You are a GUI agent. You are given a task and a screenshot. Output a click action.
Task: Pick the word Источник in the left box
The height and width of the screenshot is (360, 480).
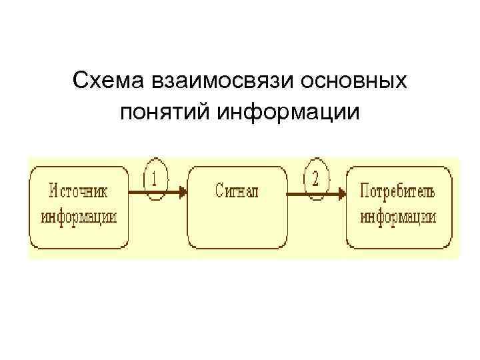point(79,192)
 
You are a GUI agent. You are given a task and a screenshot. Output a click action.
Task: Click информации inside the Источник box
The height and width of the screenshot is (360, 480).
point(79,217)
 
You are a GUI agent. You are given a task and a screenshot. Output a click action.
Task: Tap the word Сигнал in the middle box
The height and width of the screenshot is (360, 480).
point(236,192)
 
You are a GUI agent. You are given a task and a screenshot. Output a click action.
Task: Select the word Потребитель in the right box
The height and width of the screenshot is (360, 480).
point(397,192)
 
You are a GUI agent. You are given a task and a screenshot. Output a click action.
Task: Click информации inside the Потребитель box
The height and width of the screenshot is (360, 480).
point(398,217)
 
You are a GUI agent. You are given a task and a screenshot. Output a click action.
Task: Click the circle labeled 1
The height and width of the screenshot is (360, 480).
point(156,179)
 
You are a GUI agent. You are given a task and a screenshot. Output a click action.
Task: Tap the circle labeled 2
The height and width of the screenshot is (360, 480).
point(316,179)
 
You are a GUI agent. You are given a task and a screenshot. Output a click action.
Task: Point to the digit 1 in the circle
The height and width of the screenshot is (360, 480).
point(155,178)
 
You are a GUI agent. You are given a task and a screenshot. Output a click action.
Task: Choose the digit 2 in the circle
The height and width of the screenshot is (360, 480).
point(315,178)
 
